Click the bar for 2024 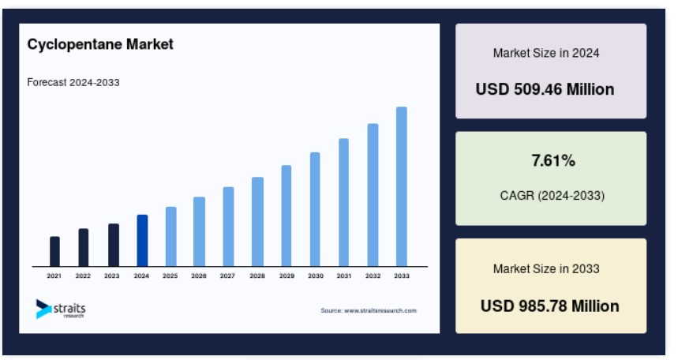click(142, 241)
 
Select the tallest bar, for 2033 click(402, 186)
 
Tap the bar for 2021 click(55, 251)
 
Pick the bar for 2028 click(258, 222)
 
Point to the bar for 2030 click(315, 209)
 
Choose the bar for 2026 click(200, 231)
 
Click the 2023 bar click(114, 245)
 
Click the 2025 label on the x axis click(170, 276)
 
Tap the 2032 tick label click(373, 276)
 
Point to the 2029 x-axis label click(287, 276)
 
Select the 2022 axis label click(83, 276)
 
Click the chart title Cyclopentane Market click(100, 44)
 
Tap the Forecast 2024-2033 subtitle click(73, 82)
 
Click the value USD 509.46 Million click(545, 89)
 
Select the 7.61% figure click(553, 160)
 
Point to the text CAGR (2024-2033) click(553, 196)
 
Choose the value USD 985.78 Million click(550, 306)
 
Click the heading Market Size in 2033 click(546, 268)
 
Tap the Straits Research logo click(61, 309)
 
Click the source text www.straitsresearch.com click(380, 310)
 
